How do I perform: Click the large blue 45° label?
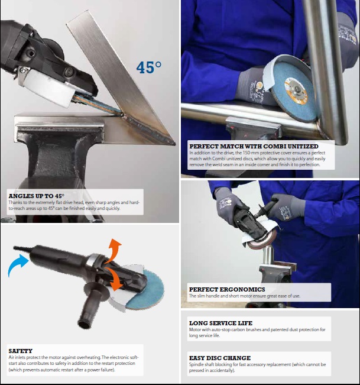[x=149, y=67]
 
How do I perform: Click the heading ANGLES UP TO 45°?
[x=37, y=196]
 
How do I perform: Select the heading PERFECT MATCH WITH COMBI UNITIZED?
[x=254, y=146]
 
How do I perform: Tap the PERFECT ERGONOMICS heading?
[x=227, y=289]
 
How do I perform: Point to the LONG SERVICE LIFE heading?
[x=220, y=323]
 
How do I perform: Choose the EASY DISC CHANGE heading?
[x=220, y=358]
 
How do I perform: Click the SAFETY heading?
[x=20, y=351]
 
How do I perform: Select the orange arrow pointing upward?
[x=114, y=250]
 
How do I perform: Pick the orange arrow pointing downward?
[x=115, y=279]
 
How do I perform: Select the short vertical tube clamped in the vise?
[x=269, y=255]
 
